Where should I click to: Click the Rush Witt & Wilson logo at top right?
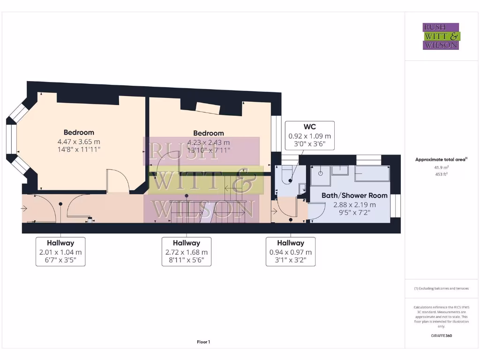441,36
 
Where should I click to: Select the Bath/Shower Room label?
354,195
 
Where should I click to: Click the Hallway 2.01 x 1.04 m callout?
60,252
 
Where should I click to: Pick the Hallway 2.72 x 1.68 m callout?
186,252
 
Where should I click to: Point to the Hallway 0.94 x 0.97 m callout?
290,252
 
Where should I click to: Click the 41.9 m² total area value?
441,167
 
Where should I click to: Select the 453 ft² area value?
441,175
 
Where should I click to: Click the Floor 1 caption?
203,342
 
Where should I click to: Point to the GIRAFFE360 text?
441,336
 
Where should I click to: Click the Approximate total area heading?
441,160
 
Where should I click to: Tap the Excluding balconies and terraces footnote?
441,288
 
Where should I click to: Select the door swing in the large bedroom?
117,180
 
